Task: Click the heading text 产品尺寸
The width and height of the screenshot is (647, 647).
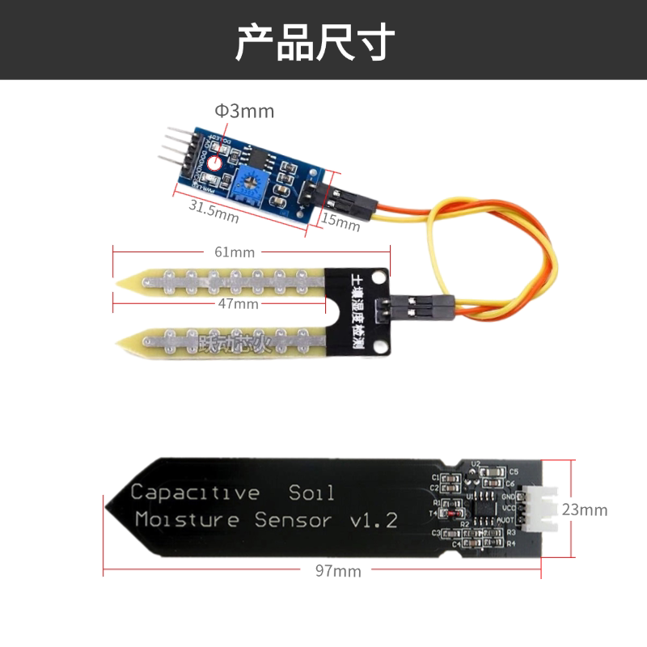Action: [x=315, y=42]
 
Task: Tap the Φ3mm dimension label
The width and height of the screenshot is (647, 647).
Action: [x=244, y=111]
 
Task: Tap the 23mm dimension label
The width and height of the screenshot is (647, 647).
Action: [x=584, y=510]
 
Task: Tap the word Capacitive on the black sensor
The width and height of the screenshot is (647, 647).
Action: [x=195, y=493]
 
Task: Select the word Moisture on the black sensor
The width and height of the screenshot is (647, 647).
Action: [x=188, y=519]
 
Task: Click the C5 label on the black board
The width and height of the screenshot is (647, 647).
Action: [x=513, y=472]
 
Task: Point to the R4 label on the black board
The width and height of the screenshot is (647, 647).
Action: [x=511, y=543]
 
